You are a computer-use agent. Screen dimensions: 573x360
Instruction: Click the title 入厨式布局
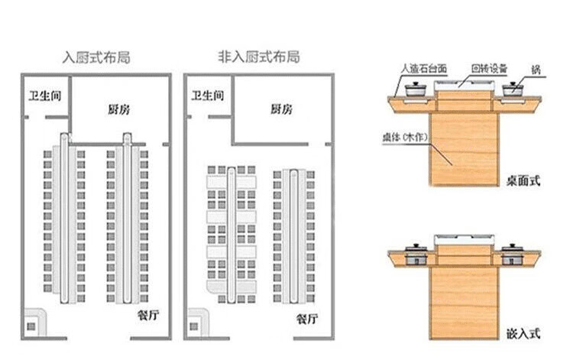click(x=95, y=58)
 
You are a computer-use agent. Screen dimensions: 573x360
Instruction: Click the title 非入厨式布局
click(x=259, y=57)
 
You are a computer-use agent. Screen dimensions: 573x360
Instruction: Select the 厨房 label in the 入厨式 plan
click(x=118, y=109)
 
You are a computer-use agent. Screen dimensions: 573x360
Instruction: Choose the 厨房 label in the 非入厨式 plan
click(x=281, y=109)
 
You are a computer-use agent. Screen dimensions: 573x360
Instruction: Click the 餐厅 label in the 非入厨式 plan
click(x=307, y=318)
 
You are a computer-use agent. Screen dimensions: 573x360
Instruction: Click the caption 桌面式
click(x=523, y=181)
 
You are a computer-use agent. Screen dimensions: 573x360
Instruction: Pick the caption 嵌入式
click(x=523, y=333)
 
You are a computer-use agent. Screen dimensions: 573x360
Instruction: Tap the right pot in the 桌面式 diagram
click(x=513, y=90)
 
